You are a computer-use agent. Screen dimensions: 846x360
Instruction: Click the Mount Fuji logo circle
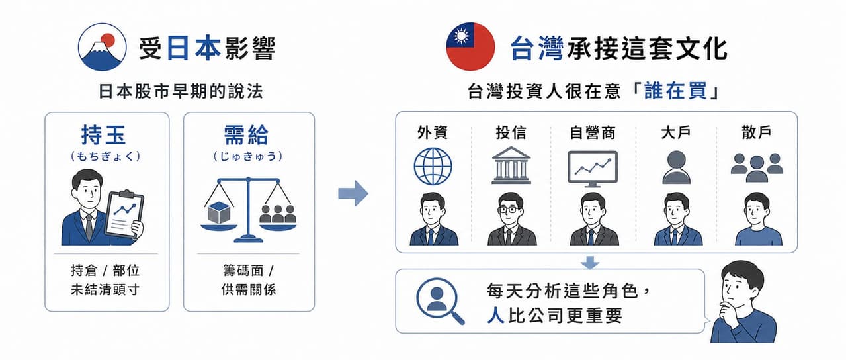(102, 47)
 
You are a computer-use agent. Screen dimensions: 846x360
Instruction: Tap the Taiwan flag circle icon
(470, 47)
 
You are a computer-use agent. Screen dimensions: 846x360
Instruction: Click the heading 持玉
(103, 134)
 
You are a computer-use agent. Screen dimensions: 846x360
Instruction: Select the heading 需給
(246, 134)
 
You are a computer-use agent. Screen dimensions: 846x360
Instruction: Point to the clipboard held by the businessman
(124, 214)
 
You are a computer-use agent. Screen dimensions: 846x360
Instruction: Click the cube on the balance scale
(219, 212)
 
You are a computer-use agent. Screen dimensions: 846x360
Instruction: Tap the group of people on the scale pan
(278, 214)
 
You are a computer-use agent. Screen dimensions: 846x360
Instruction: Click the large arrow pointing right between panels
(353, 193)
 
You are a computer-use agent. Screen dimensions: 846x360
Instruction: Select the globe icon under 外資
(433, 166)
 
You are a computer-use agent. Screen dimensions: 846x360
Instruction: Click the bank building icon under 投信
(511, 165)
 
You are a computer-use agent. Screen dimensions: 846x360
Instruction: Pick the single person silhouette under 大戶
(677, 167)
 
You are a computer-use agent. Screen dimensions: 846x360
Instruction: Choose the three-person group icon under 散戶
(757, 167)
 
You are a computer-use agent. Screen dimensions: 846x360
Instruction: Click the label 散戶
(757, 132)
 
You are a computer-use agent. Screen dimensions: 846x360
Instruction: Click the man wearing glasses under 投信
(512, 219)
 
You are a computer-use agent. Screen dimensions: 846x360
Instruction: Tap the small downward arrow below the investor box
(590, 263)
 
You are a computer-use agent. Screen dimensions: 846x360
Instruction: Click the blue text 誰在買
(675, 91)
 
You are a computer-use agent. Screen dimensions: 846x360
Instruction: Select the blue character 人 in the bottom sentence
(495, 315)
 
